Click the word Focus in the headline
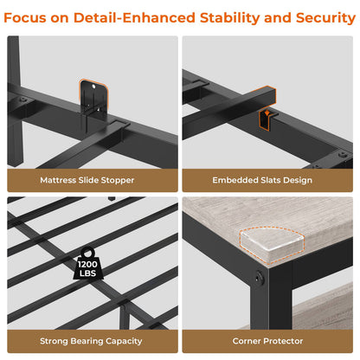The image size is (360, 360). click(24, 18)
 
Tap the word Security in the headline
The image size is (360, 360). click(325, 18)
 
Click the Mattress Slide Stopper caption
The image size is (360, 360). click(87, 180)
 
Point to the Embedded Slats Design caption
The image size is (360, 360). click(262, 180)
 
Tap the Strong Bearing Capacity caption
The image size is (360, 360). click(91, 341)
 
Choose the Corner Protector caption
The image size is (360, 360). click(267, 341)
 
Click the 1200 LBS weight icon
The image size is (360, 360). click(87, 264)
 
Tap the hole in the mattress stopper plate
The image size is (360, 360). click(93, 87)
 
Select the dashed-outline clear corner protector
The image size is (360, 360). click(272, 245)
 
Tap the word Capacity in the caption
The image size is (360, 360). click(124, 342)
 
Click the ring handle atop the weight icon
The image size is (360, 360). click(87, 253)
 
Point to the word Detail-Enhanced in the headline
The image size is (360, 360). click(134, 18)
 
